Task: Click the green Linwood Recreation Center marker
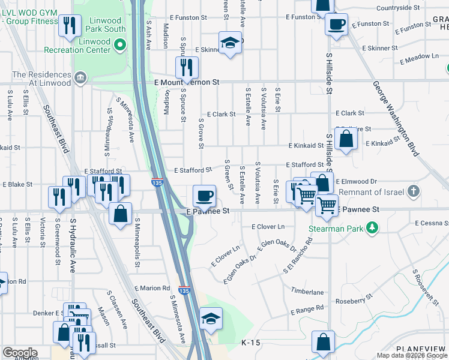120,44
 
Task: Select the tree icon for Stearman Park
372,228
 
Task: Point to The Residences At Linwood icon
80,77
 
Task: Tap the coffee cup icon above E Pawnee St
204,195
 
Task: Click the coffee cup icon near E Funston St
336,25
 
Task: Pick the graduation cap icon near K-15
211,318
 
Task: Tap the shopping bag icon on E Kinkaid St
346,139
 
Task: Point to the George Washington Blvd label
394,119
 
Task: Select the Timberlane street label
307,292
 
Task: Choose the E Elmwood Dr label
356,181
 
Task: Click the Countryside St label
399,8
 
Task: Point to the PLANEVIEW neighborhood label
421,349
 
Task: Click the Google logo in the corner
19,353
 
